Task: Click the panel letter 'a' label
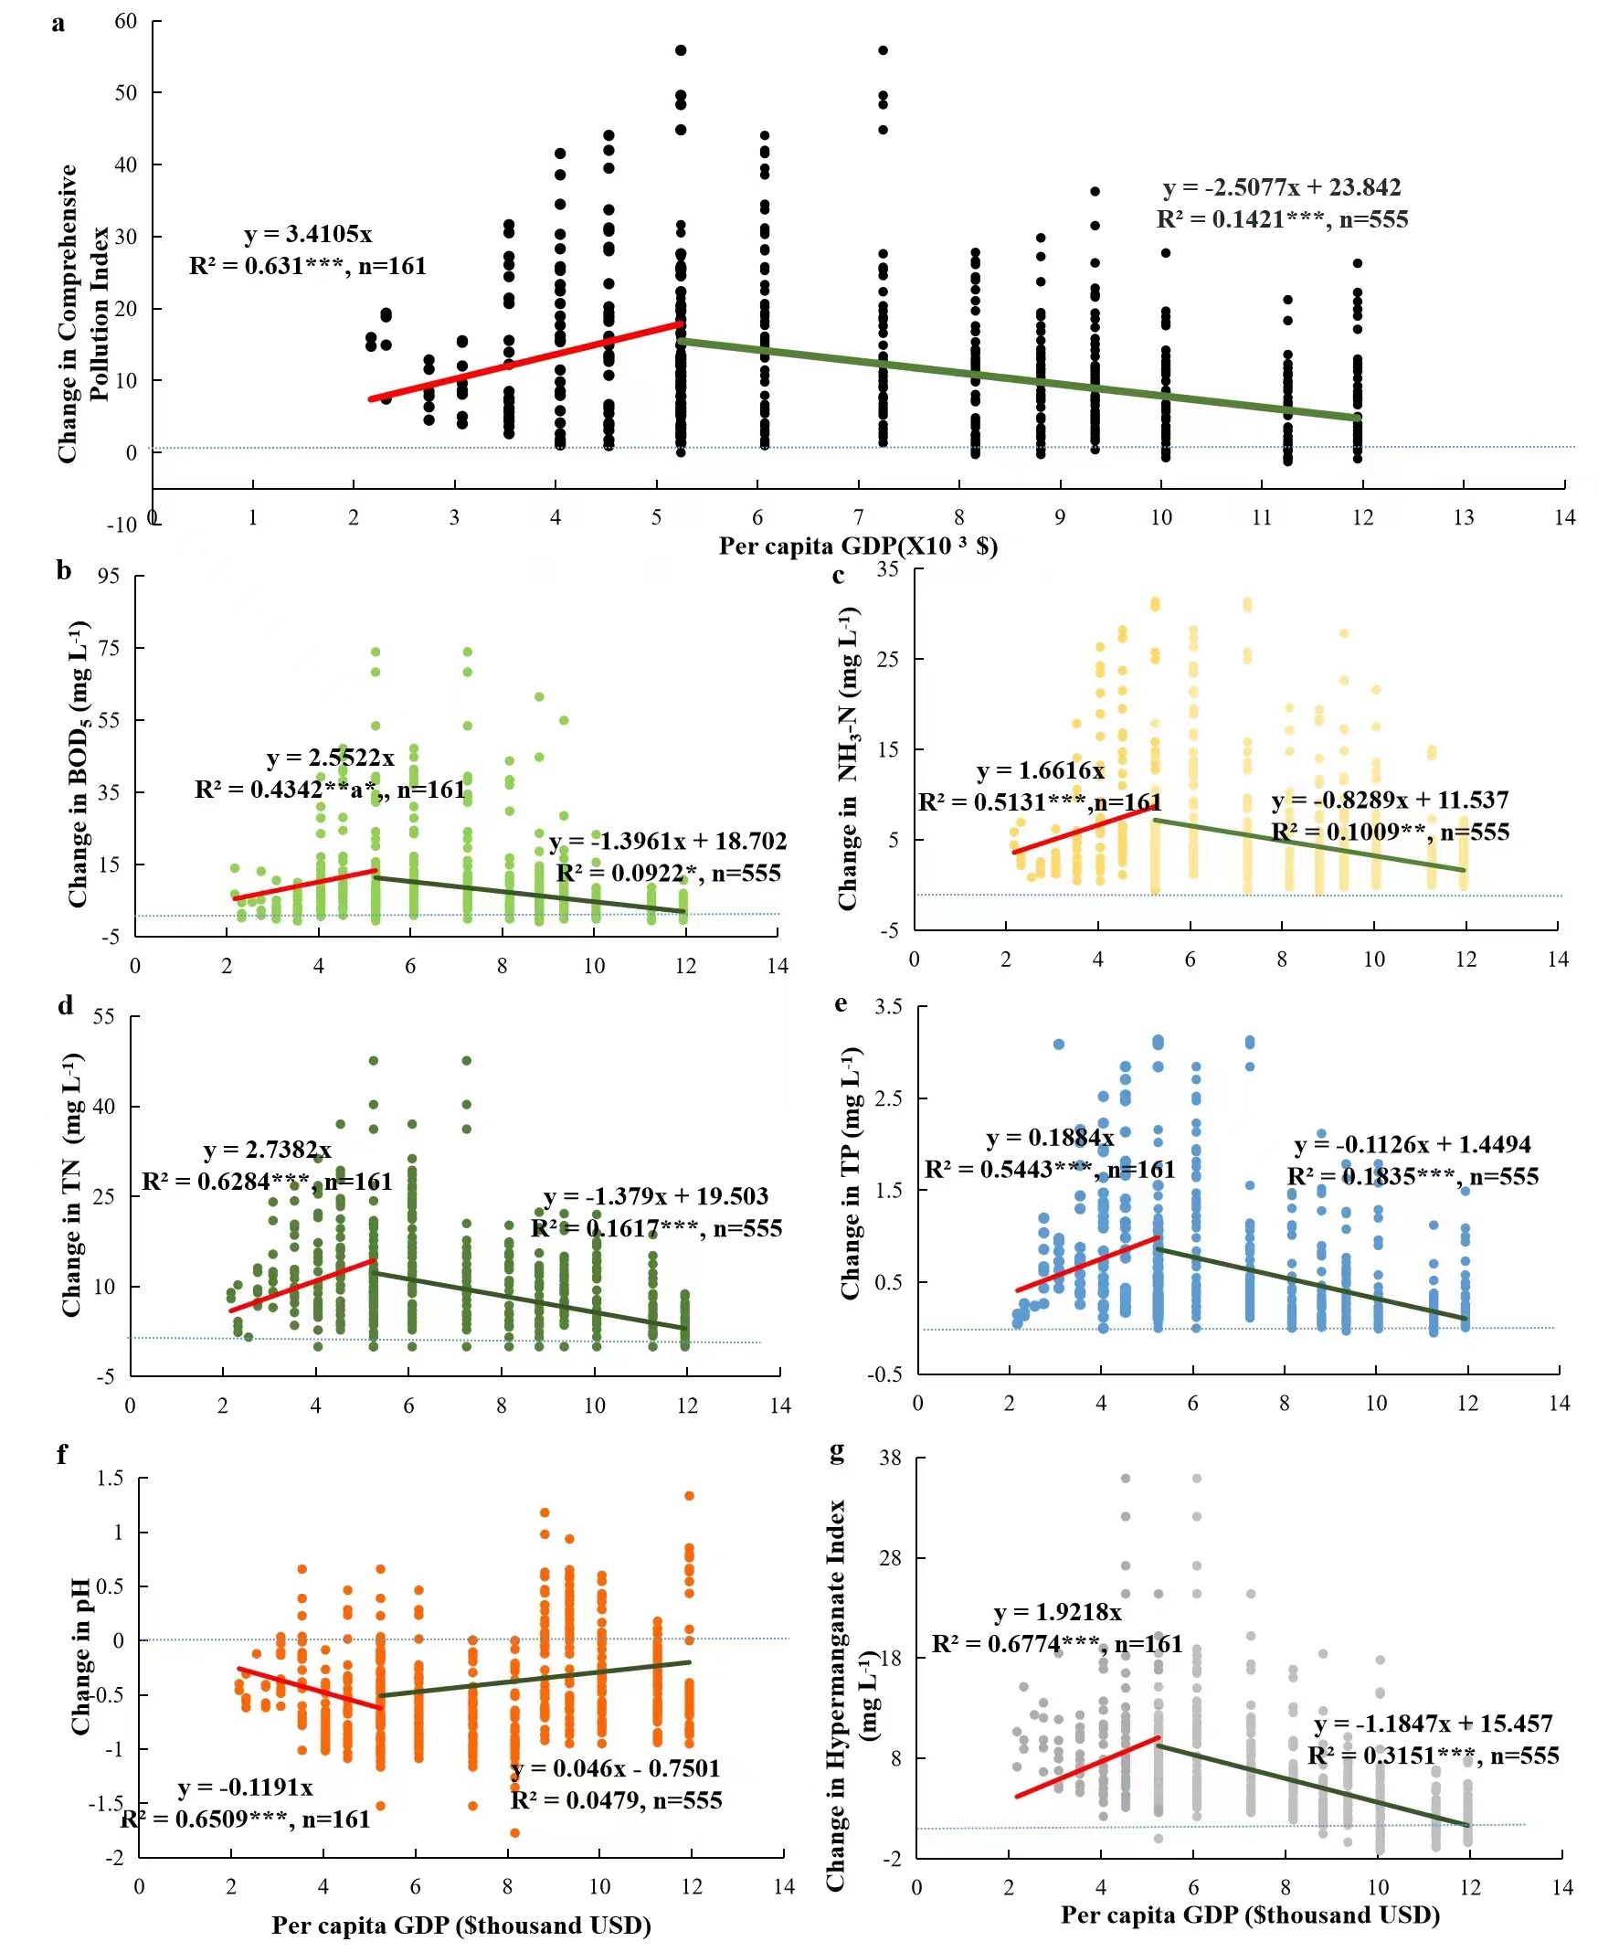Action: [58, 24]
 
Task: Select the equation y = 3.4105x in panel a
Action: [309, 234]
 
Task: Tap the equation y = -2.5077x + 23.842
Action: [1281, 187]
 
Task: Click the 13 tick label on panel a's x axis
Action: [1464, 517]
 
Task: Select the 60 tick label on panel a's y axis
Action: [125, 21]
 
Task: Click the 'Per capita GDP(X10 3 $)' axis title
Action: [858, 546]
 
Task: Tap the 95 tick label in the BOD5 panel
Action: [109, 576]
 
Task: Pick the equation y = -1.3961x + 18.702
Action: [667, 841]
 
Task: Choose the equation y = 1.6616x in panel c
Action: [1040, 769]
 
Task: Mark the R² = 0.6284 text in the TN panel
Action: [267, 1182]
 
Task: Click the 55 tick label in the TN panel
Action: [104, 1016]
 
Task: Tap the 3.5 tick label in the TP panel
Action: [887, 1006]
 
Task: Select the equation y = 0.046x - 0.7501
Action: [615, 1767]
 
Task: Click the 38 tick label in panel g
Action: [890, 1458]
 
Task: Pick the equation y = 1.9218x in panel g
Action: [1058, 1611]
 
